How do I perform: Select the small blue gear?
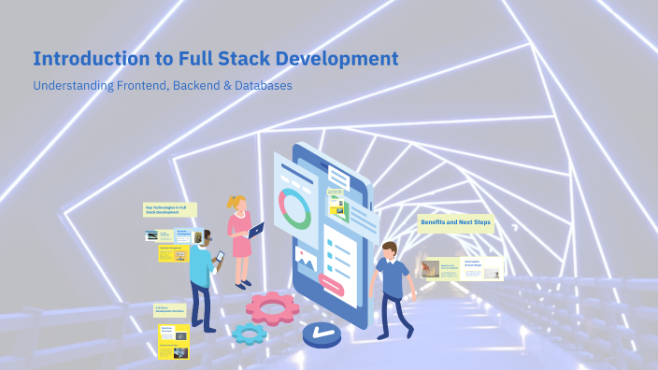click(250, 333)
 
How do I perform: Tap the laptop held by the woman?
click(256, 228)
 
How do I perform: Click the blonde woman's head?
click(236, 203)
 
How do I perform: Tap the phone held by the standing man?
click(221, 256)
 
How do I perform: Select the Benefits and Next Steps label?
click(455, 223)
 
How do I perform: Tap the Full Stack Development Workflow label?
click(169, 309)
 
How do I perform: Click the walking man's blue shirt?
click(393, 277)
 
